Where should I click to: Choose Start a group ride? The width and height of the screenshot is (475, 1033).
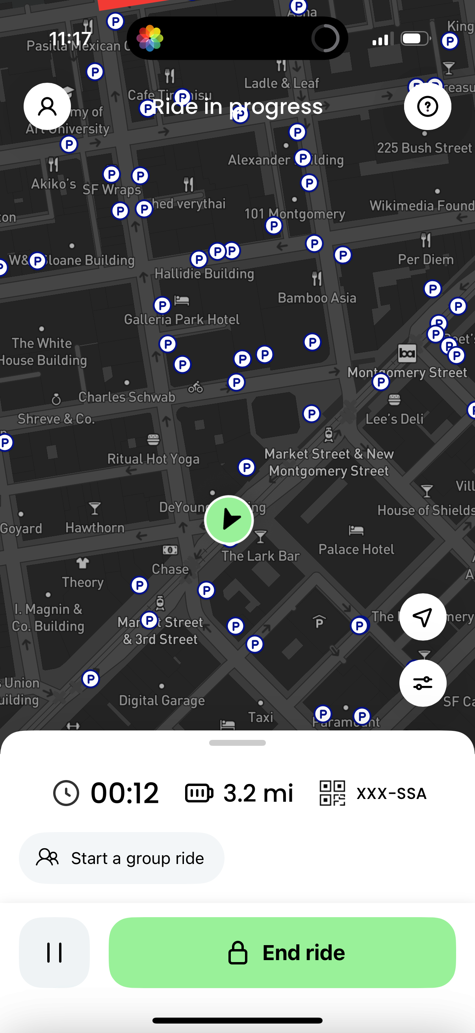(121, 858)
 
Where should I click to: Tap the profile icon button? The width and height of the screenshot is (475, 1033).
(47, 106)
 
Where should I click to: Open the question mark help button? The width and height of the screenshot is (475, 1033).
(427, 106)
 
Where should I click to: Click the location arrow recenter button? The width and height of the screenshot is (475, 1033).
(423, 617)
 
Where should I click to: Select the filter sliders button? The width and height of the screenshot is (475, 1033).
(423, 683)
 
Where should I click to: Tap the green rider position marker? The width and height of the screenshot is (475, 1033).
(229, 520)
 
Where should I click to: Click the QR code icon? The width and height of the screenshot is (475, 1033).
(332, 793)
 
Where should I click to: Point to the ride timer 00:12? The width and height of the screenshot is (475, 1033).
(125, 793)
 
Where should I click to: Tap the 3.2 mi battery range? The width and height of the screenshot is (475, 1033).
(258, 793)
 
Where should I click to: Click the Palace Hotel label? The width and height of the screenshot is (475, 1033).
(356, 549)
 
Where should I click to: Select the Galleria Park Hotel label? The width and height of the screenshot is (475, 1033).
(182, 319)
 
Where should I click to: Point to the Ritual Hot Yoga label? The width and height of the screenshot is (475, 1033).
(153, 459)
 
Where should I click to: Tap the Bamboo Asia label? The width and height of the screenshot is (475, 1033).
(317, 298)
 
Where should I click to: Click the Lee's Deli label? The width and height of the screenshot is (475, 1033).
(394, 419)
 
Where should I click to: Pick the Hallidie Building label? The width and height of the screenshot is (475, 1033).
(204, 274)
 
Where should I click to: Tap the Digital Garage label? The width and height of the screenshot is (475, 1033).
(162, 700)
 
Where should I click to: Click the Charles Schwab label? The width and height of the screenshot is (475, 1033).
(127, 397)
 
